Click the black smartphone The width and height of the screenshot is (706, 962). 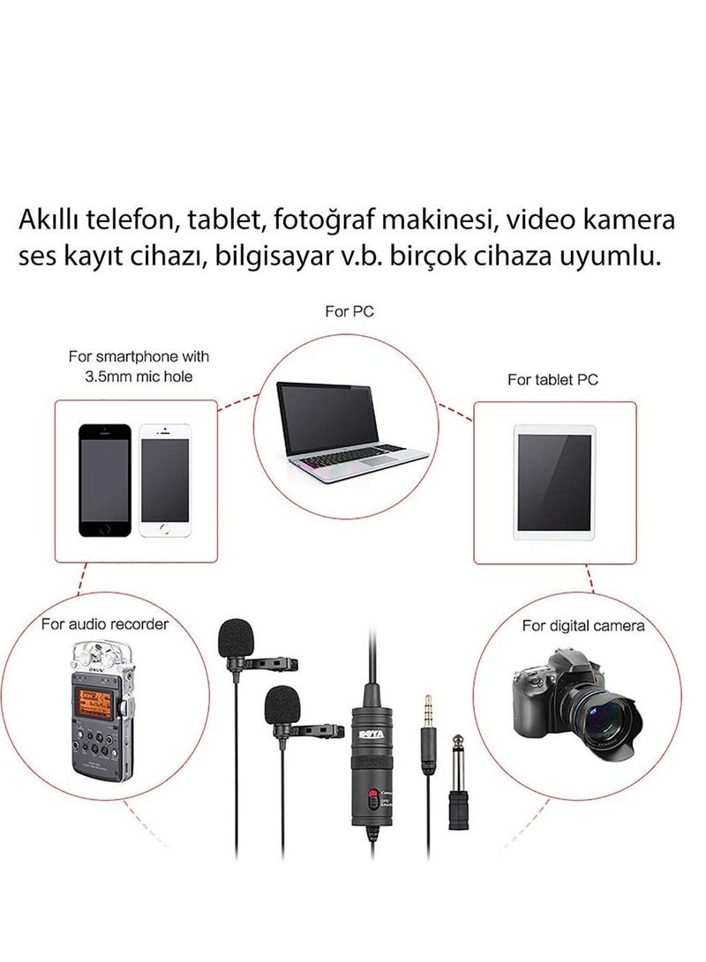[105, 480]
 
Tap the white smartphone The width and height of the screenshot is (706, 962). [165, 480]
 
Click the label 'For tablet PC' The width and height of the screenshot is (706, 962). [553, 380]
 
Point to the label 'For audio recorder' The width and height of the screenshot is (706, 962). [105, 624]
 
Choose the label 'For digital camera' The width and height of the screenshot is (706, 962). [582, 626]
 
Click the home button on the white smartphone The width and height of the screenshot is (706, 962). [165, 529]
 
